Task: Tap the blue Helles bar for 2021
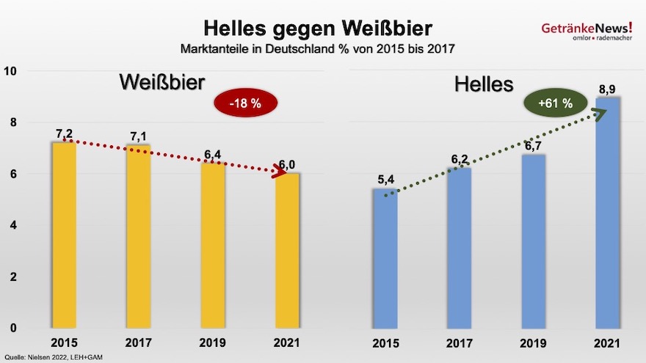[608, 213]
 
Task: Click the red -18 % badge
[245, 104]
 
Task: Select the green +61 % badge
[555, 104]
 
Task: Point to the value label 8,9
[607, 89]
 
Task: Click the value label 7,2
[65, 133]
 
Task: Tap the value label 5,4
[384, 180]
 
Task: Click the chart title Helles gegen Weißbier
[317, 29]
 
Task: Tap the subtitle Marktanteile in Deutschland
[317, 49]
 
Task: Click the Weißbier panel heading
[161, 82]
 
